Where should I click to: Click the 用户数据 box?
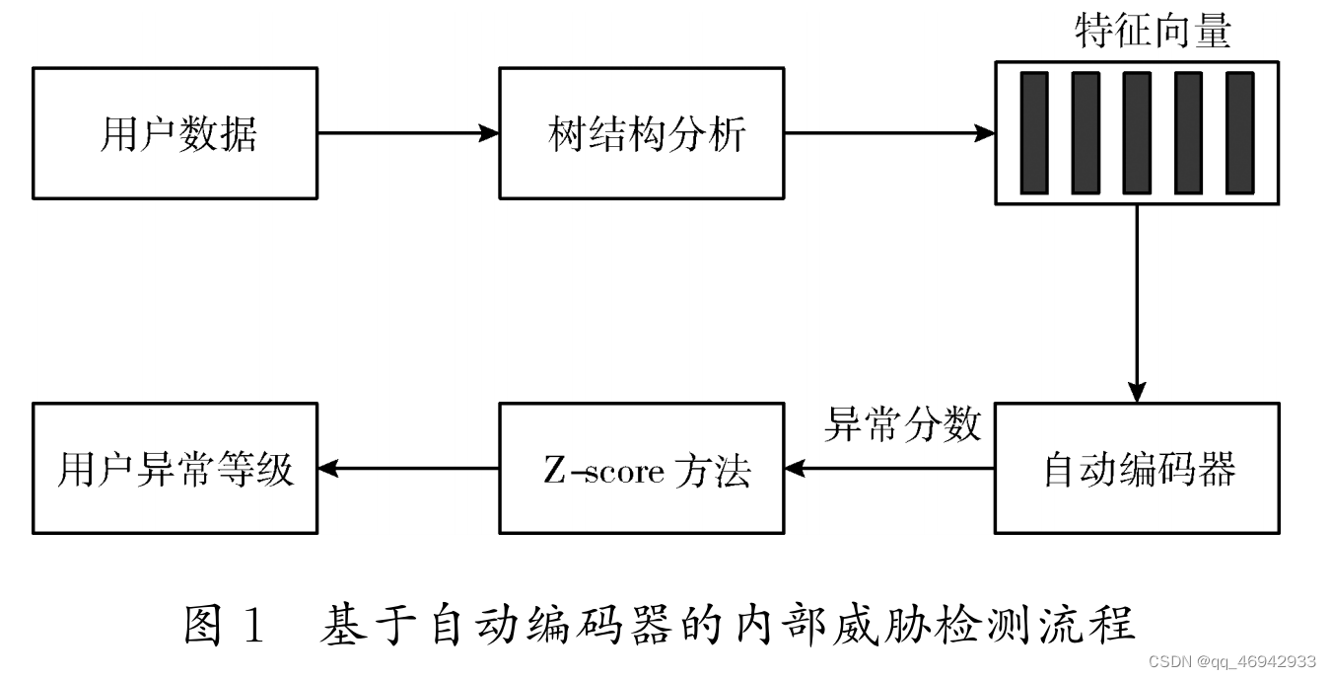tap(175, 133)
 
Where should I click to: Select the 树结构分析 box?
tap(642, 133)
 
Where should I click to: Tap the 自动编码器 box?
tap(1137, 469)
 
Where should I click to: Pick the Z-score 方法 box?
tap(642, 469)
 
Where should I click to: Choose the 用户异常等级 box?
tap(175, 469)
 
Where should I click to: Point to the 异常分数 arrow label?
tap(902, 424)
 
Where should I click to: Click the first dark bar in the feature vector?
tap(1033, 133)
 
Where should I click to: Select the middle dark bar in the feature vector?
tap(1136, 133)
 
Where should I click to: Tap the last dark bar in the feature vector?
tap(1238, 133)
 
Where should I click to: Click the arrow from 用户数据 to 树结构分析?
tap(408, 133)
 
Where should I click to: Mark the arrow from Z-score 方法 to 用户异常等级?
tap(408, 469)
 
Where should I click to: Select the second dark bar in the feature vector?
tap(1085, 133)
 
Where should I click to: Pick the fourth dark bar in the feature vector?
tap(1187, 133)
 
